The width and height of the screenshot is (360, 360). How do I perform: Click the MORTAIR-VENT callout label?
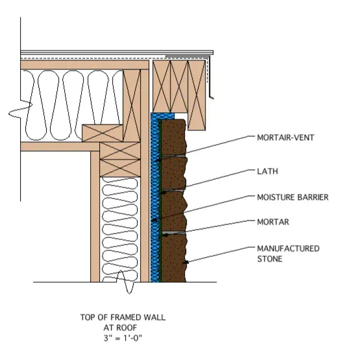(x=285, y=138)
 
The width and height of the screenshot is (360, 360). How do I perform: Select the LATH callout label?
(x=267, y=171)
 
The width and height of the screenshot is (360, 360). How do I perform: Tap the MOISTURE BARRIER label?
(x=293, y=197)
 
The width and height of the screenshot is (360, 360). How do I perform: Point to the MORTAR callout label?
(x=273, y=222)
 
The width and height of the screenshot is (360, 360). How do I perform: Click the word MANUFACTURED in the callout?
(x=288, y=248)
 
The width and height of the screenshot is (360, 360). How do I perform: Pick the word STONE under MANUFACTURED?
(x=270, y=259)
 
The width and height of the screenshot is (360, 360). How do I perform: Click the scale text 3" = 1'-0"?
(x=123, y=338)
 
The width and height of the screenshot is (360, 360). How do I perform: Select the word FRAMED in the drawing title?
(x=126, y=317)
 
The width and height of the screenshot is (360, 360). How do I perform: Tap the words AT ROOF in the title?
(x=120, y=328)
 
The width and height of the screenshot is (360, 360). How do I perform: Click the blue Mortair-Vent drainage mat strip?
(x=155, y=197)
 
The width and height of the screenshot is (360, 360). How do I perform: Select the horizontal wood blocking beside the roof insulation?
(x=102, y=133)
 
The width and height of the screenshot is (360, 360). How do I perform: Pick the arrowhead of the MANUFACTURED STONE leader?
(x=186, y=262)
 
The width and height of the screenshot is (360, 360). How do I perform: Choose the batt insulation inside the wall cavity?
(x=119, y=230)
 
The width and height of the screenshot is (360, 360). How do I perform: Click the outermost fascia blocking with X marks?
(x=197, y=95)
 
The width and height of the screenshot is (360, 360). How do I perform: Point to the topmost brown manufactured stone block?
(x=173, y=138)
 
